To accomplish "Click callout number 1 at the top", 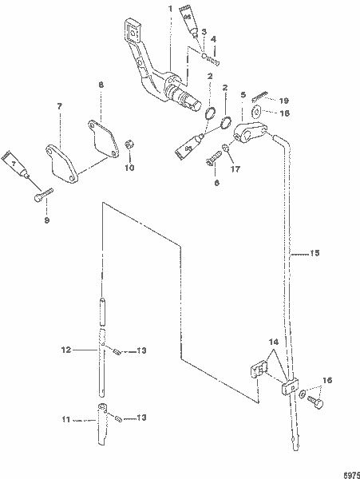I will pyautogui.click(x=169, y=8).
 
